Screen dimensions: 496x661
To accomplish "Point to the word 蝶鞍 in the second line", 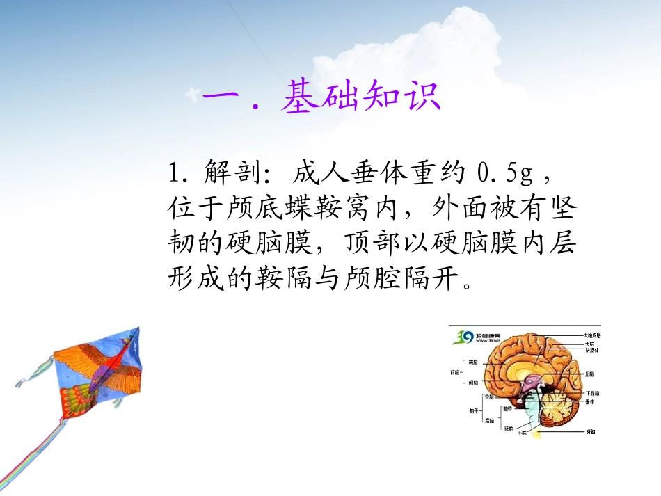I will click(326, 207).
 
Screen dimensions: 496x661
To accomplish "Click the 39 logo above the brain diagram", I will click(463, 337).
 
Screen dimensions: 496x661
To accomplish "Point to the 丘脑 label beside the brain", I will click(589, 374).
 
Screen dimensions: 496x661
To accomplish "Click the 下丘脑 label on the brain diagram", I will click(591, 393).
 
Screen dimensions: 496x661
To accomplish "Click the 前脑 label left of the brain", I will click(454, 372).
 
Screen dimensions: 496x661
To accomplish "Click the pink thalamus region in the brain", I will click(531, 381).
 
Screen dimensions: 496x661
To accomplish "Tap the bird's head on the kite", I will click(129, 340).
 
